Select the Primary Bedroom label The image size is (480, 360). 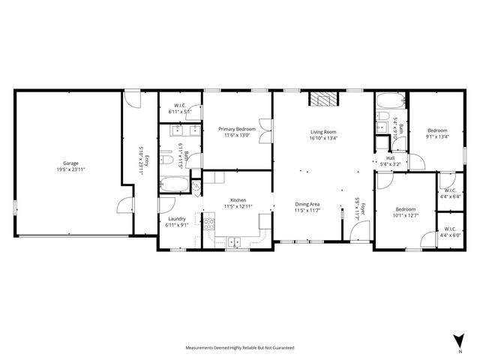(x=236, y=129)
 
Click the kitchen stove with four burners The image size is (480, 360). (x=208, y=222)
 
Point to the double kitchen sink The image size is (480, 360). (x=234, y=241)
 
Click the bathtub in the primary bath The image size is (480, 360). (x=174, y=184)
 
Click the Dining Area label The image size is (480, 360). (x=307, y=204)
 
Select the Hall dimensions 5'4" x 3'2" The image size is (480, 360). (x=390, y=163)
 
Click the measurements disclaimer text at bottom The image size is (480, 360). (x=240, y=348)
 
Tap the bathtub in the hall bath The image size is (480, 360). (x=388, y=102)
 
